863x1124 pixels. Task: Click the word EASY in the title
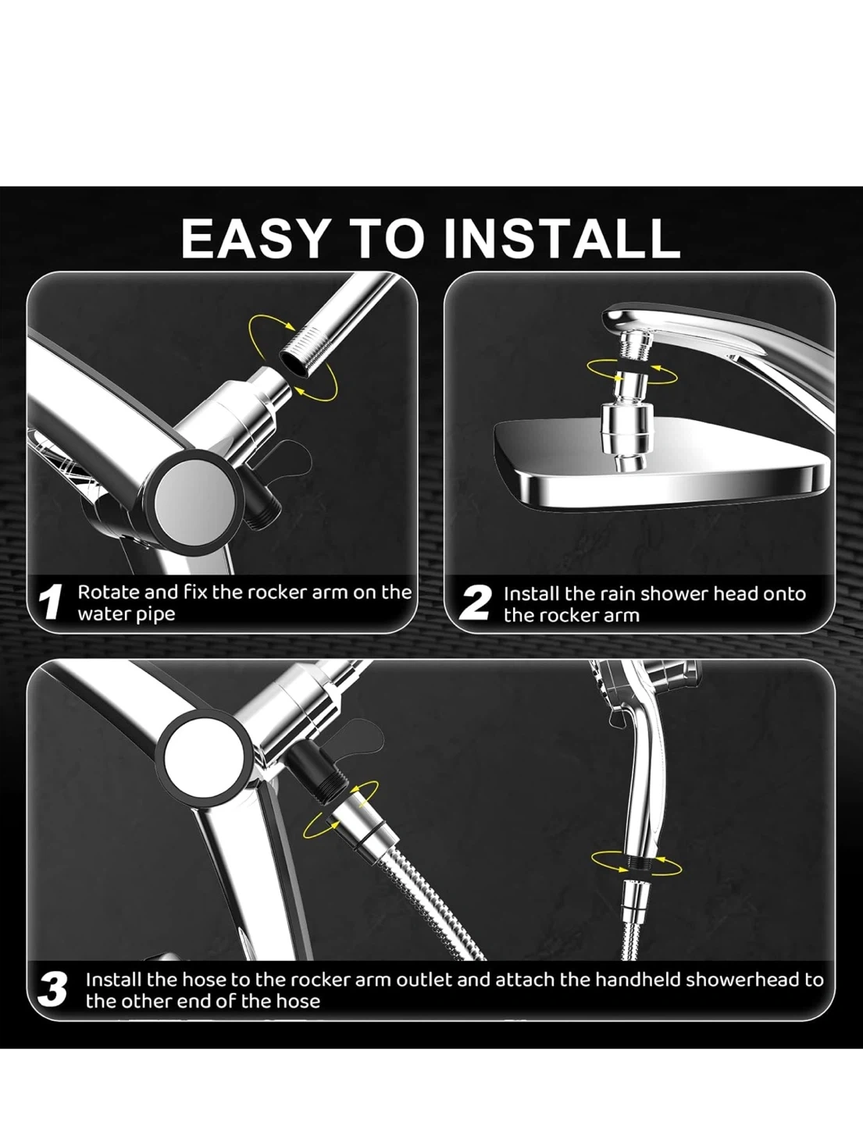(254, 238)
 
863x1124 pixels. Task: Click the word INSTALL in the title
(562, 238)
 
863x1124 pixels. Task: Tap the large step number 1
(52, 602)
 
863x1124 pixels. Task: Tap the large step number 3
(52, 990)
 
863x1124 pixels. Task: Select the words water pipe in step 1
(127, 614)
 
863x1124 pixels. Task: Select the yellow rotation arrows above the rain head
(632, 372)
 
